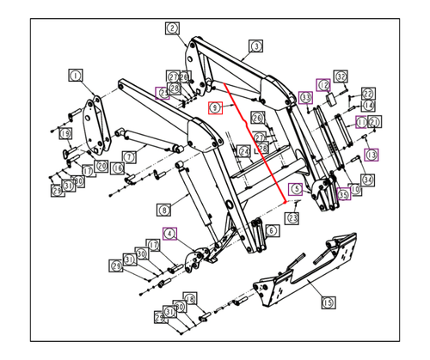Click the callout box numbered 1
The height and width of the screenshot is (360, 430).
click(x=75, y=76)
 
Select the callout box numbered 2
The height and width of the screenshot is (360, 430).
click(x=172, y=28)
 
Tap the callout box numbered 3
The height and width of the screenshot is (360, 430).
click(x=255, y=46)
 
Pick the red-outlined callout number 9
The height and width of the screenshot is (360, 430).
click(x=216, y=107)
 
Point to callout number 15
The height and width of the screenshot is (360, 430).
click(x=327, y=302)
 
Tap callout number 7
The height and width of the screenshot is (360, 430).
click(x=130, y=156)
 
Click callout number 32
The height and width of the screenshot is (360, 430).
click(x=341, y=76)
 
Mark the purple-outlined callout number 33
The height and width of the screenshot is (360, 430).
click(x=306, y=99)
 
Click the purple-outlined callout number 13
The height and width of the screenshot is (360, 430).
click(x=372, y=155)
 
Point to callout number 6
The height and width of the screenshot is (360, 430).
click(x=271, y=230)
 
